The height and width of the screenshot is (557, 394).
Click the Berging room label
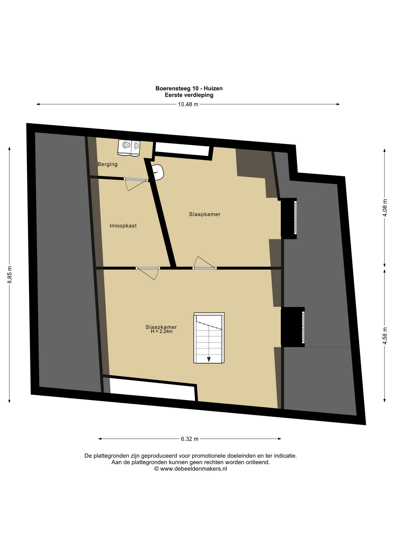coord(107,164)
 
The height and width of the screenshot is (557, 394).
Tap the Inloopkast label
coord(123,226)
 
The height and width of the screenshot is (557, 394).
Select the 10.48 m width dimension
coord(188,104)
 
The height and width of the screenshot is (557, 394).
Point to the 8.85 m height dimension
coord(10,274)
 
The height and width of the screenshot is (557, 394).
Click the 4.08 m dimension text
coord(385,208)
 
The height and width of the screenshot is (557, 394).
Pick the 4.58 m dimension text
coord(385,336)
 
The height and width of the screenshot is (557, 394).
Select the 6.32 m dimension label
coord(190,439)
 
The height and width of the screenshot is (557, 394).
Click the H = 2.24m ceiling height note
coord(162,331)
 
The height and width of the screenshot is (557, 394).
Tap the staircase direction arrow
coord(209,359)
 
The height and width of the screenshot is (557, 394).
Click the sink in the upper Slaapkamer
coord(158,172)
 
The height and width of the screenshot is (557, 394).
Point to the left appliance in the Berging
coord(125,147)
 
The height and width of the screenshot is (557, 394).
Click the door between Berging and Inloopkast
coord(136,184)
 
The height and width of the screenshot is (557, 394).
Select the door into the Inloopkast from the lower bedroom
coord(148,273)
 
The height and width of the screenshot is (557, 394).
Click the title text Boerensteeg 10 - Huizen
coord(189,88)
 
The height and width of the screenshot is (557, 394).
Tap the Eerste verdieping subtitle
coord(189,95)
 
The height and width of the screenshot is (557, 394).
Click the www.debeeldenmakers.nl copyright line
coord(191,469)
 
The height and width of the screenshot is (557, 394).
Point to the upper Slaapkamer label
coord(205,214)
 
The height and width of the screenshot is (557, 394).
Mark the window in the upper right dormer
coord(295,218)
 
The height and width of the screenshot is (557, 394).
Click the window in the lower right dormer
coord(303,327)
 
